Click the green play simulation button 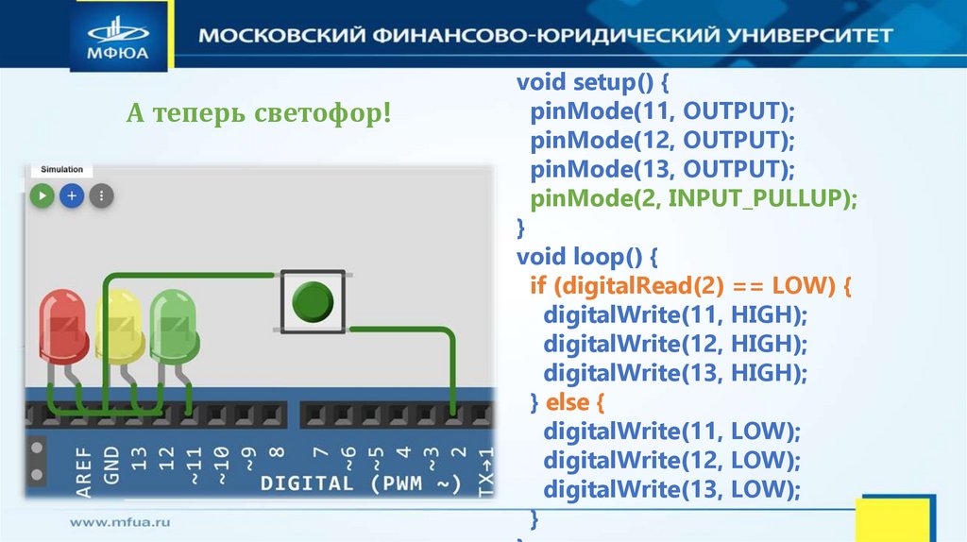click(x=42, y=196)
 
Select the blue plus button click(x=72, y=196)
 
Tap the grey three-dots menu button click(x=101, y=196)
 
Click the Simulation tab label click(x=61, y=170)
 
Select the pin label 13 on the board click(x=140, y=460)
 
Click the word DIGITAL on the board click(x=306, y=484)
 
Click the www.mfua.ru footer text click(x=119, y=520)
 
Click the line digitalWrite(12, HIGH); click(x=675, y=344)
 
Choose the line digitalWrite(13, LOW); click(x=671, y=490)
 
